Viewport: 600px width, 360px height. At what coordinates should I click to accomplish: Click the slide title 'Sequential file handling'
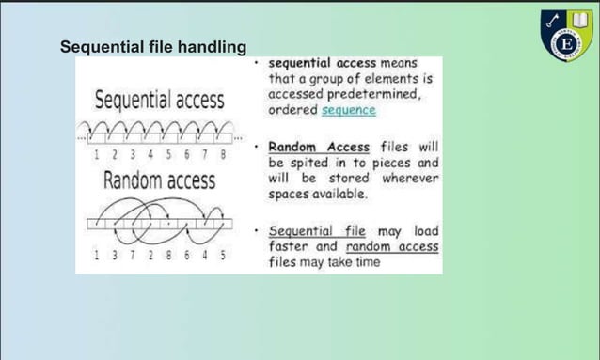[x=153, y=46]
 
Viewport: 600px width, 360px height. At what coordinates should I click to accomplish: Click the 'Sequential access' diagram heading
[x=159, y=100]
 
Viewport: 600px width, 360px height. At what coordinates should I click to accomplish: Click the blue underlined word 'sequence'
[x=348, y=110]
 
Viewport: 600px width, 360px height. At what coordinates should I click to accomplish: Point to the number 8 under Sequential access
[x=223, y=154]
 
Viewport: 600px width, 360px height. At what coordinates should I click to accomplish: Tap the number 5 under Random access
[x=222, y=256]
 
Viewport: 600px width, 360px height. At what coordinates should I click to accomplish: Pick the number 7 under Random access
[x=134, y=256]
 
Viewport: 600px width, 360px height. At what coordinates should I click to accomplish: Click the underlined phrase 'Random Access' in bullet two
[x=319, y=148]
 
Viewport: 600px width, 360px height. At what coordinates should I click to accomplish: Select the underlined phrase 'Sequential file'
[x=315, y=231]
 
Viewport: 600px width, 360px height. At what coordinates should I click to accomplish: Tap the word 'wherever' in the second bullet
[x=410, y=178]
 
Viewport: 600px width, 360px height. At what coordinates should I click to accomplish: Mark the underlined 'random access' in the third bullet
[x=391, y=247]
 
